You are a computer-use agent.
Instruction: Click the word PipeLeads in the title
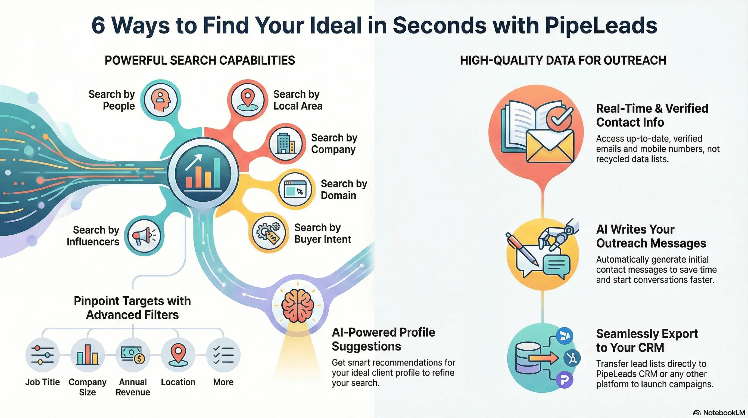tap(601, 26)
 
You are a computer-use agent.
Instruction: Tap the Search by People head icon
tap(161, 100)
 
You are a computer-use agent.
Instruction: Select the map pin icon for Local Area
tap(247, 100)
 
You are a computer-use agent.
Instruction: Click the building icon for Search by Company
tap(286, 143)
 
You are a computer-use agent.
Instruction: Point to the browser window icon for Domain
tap(295, 189)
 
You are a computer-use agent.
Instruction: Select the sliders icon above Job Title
tap(42, 355)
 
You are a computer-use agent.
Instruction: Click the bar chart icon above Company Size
tap(88, 355)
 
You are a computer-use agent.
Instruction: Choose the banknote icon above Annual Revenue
tap(133, 355)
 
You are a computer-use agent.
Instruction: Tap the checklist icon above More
tap(223, 355)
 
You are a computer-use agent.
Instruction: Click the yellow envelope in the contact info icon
tap(550, 147)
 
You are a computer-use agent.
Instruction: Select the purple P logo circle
tap(565, 380)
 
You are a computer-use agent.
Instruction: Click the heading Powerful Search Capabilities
tap(200, 60)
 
